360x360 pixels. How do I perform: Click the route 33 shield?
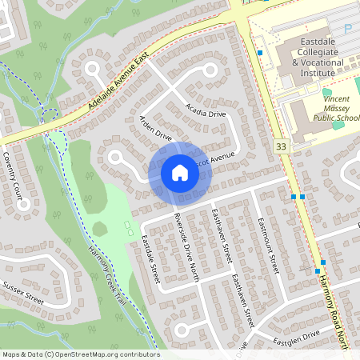coord(280,146)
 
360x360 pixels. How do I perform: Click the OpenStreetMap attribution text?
coord(80,354)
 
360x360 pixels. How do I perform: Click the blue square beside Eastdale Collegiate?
coord(260,53)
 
